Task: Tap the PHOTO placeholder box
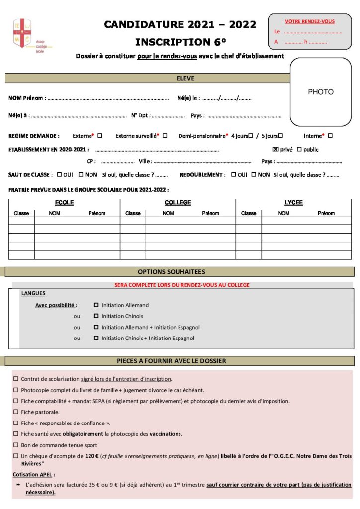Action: coord(321,92)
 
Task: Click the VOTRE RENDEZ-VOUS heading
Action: coord(309,21)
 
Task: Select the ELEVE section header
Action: coord(185,78)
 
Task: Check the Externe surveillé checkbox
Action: coord(165,135)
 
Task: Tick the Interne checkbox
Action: coord(330,135)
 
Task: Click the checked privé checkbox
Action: coord(276,149)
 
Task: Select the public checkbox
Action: coord(299,149)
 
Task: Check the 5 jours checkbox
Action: coord(280,135)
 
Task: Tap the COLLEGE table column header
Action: coord(178,203)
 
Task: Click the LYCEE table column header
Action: coord(293,203)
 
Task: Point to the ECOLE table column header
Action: coord(64,203)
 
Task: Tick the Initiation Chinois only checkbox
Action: coord(96,316)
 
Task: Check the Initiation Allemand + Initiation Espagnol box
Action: coord(96,327)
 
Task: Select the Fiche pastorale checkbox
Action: coord(16,412)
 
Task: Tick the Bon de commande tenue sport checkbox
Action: coord(16,445)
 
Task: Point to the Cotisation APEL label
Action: coord(34,474)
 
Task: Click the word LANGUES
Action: coord(33,293)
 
